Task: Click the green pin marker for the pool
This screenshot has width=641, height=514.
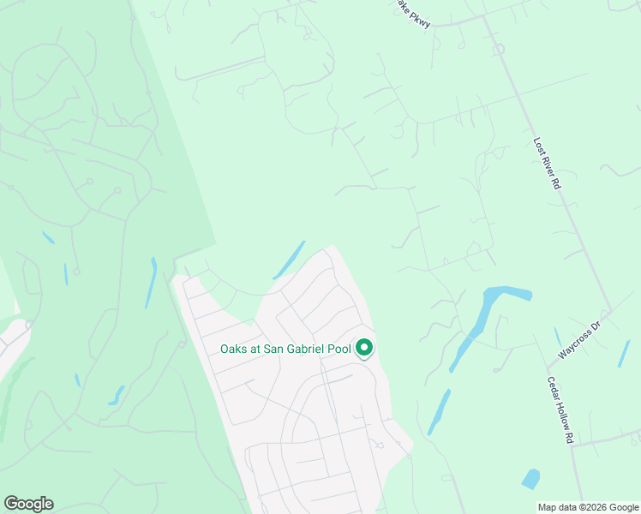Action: click(364, 348)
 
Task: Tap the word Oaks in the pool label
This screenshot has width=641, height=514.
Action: click(235, 349)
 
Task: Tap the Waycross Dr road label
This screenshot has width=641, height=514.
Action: click(580, 340)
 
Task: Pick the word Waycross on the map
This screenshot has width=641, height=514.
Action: click(575, 344)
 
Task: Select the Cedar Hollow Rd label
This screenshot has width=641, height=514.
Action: click(559, 409)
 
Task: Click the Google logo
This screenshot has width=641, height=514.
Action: click(28, 504)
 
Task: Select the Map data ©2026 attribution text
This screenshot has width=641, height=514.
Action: click(587, 507)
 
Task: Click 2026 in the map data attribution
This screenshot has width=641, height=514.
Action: click(623, 507)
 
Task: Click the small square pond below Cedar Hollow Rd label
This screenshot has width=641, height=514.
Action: click(531, 478)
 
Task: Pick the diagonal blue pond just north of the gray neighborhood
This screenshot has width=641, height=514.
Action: click(290, 260)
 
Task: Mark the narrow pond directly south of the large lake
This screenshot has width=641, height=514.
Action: click(439, 412)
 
